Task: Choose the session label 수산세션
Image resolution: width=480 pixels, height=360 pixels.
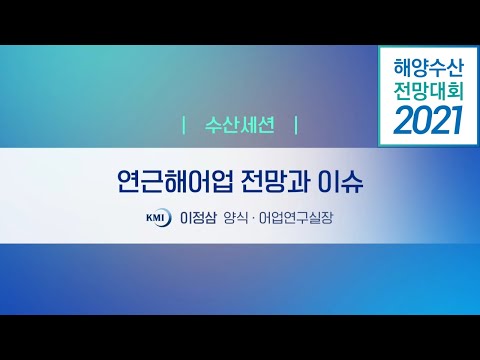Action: tap(240, 127)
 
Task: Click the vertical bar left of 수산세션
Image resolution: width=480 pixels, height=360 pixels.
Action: tap(184, 127)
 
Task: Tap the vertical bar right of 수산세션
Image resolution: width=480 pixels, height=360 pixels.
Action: tap(296, 127)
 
